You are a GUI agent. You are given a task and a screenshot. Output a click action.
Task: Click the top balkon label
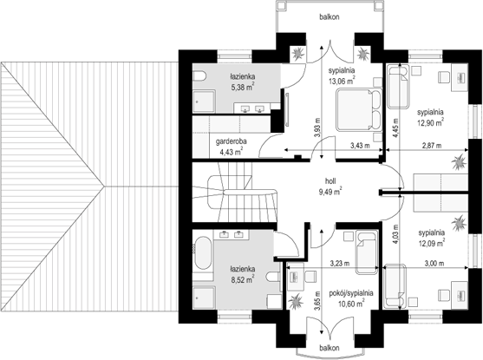[330, 17]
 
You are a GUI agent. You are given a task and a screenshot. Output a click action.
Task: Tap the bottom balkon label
[330, 348]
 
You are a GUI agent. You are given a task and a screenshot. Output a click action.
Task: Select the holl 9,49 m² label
[330, 187]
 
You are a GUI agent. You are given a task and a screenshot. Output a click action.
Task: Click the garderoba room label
[231, 141]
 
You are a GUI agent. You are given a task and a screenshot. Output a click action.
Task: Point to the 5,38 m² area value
[243, 88]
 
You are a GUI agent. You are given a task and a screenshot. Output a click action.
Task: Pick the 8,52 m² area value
[242, 280]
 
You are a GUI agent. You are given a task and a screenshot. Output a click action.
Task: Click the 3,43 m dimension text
[360, 146]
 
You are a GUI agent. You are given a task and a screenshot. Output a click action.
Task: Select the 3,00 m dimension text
[434, 263]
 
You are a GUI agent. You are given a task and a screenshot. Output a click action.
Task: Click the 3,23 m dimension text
[340, 263]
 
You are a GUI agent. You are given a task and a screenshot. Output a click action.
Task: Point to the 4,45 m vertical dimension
[395, 128]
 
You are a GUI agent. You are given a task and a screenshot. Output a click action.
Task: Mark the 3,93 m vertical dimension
[317, 128]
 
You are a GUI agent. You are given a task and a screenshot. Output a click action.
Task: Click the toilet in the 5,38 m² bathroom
[199, 76]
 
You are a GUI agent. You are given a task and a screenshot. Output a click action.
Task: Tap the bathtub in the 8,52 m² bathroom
[203, 252]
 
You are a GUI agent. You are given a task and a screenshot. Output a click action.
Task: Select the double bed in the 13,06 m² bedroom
[359, 109]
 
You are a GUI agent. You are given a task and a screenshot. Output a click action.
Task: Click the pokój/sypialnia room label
[351, 293]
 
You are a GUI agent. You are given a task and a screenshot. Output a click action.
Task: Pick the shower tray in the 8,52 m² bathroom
[204, 298]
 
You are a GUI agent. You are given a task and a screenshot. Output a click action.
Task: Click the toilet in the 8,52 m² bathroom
[274, 277]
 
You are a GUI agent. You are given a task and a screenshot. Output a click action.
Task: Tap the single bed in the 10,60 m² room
[367, 252]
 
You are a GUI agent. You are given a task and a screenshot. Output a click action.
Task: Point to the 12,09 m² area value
[431, 243]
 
